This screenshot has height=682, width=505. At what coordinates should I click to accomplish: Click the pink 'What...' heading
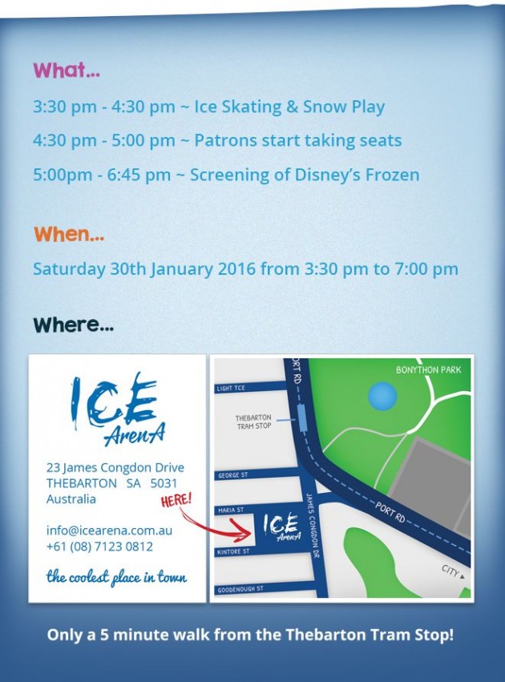(x=67, y=70)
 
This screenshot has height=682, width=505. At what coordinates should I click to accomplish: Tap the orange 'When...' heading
(x=69, y=234)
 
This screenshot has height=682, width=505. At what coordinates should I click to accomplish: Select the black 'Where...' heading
(x=74, y=325)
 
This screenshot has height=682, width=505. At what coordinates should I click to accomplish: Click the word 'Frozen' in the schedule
(x=392, y=175)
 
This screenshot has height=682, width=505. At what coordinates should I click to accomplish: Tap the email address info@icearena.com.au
(x=109, y=531)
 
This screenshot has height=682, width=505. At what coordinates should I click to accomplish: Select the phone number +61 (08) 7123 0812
(x=99, y=547)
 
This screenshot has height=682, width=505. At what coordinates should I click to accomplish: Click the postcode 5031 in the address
(x=164, y=483)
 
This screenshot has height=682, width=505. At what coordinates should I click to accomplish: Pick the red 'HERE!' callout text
(x=176, y=500)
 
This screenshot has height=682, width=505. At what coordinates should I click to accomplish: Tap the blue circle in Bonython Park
(x=382, y=396)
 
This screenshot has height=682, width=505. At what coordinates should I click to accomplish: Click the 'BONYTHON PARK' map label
(x=428, y=369)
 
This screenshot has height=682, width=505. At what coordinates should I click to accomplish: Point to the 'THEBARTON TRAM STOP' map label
(x=253, y=422)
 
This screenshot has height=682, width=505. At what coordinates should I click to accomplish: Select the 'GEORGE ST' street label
(x=232, y=475)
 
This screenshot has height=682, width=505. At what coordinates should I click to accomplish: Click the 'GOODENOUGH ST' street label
(x=240, y=589)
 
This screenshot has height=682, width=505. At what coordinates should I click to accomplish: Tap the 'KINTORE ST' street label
(x=233, y=551)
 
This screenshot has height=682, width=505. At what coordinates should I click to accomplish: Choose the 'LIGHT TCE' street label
(x=231, y=388)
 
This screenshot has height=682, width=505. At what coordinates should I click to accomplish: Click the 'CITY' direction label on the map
(x=453, y=571)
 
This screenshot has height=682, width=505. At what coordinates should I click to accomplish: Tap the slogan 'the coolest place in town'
(x=116, y=577)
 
